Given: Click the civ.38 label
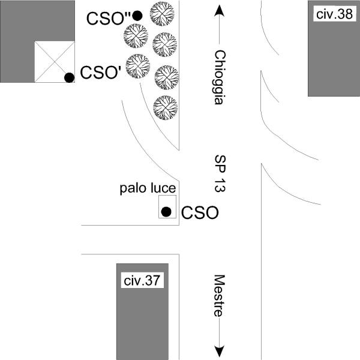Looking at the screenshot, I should tap(333, 14).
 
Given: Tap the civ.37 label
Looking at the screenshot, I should tap(142, 280).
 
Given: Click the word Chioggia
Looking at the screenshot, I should tap(219, 77).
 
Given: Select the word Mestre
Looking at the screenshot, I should tap(219, 296).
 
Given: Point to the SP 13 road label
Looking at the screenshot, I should tap(219, 174).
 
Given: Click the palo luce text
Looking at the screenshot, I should tap(147, 189).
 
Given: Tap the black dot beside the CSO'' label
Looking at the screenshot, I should tap(137, 16).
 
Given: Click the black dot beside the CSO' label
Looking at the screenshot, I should tap(69, 77).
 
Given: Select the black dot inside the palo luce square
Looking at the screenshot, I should tap(167, 211).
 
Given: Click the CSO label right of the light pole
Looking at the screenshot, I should tap(199, 212).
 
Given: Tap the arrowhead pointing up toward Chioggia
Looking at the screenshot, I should tap(219, 11).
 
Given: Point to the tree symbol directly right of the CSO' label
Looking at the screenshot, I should tap(138, 66).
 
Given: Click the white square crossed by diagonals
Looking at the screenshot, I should tap(54, 62).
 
